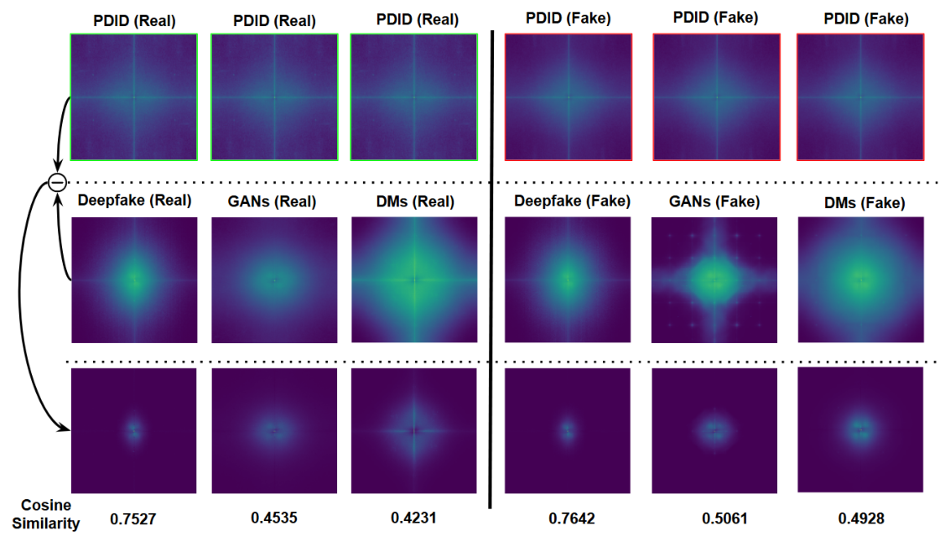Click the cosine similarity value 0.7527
pyautogui.click(x=133, y=518)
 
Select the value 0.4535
pyautogui.click(x=273, y=517)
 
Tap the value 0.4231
pyautogui.click(x=413, y=517)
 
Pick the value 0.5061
pyautogui.click(x=714, y=518)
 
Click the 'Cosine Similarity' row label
pyautogui.click(x=48, y=514)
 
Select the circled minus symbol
pyautogui.click(x=56, y=182)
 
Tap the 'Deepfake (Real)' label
pyautogui.click(x=134, y=201)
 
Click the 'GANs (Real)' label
pyautogui.click(x=273, y=201)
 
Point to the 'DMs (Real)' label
pyautogui.click(x=413, y=201)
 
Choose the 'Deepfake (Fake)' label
pyautogui.click(x=568, y=201)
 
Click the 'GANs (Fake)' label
pyautogui.click(x=714, y=201)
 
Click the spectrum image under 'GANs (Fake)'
pyautogui.click(x=714, y=279)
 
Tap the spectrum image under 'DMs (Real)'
pyautogui.click(x=413, y=279)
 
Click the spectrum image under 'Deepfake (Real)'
pyautogui.click(x=134, y=279)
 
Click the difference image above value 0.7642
pyautogui.click(x=568, y=430)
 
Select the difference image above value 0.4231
pyautogui.click(x=413, y=430)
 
